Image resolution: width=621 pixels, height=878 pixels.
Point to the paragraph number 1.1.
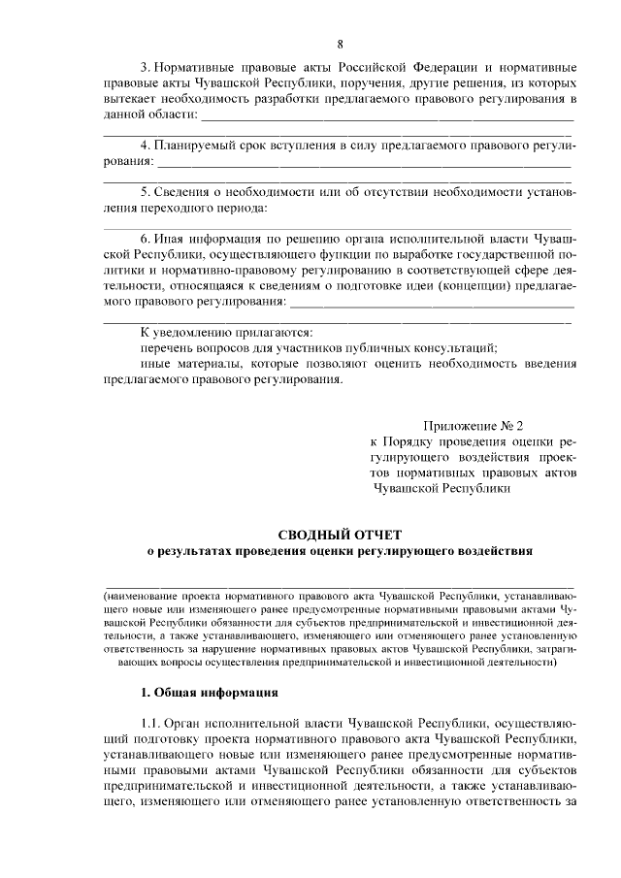[x=150, y=724]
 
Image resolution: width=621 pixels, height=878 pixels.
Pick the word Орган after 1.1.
[x=184, y=724]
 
